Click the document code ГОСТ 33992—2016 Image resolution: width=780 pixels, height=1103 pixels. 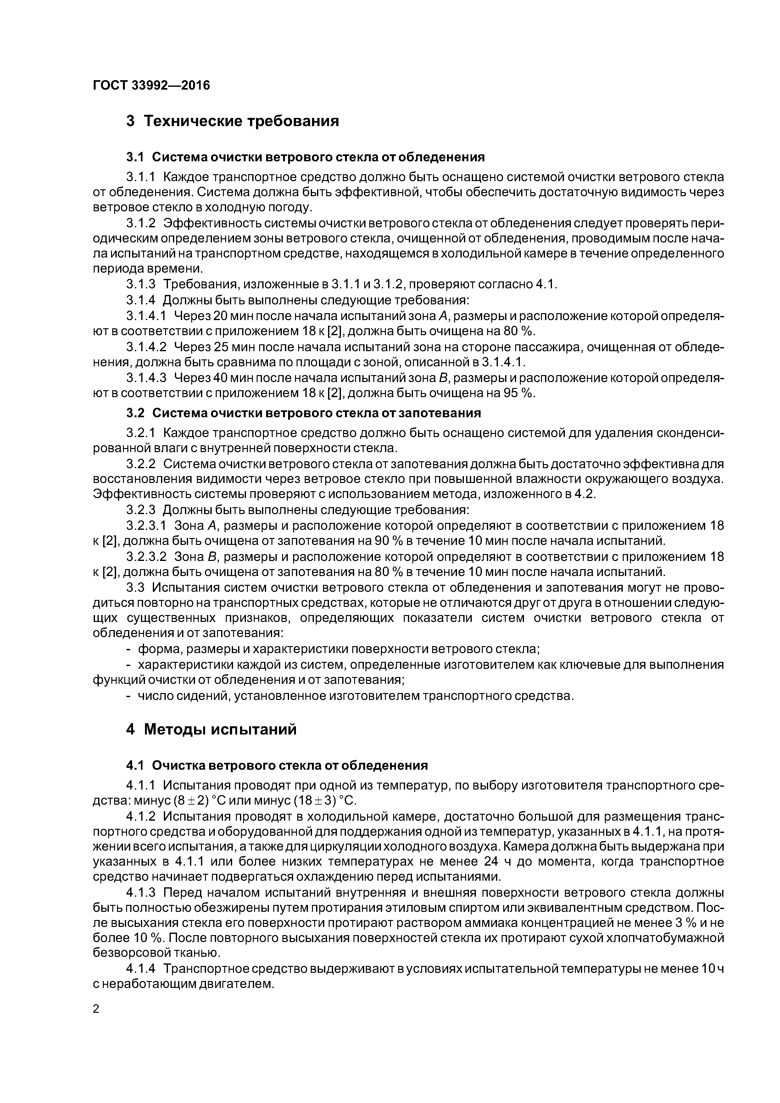(151, 86)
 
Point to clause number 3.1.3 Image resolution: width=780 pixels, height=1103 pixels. (141, 285)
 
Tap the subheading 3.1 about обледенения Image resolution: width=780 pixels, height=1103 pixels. (305, 157)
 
